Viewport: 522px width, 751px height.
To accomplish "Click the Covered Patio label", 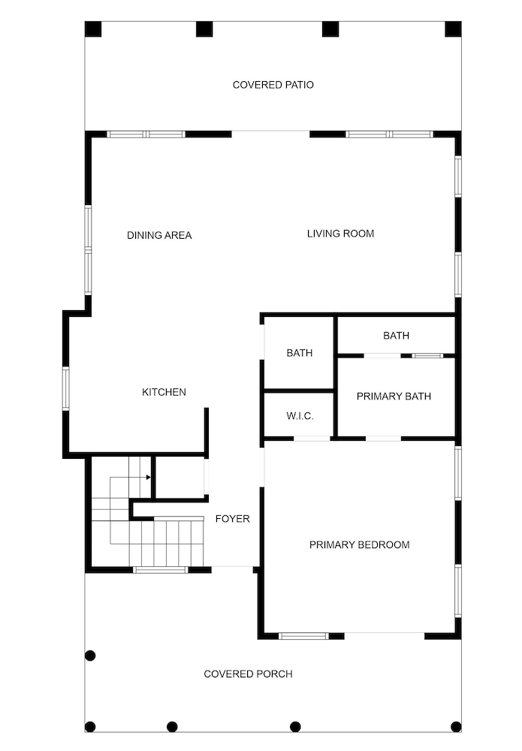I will point(273,85).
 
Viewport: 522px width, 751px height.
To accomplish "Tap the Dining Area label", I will point(159,235).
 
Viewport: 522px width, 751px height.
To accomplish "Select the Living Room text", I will point(340,234).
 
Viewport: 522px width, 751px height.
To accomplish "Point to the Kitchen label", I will point(164,392).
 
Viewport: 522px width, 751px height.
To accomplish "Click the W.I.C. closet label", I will point(300,417).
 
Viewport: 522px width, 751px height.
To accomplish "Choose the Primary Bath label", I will point(394,396).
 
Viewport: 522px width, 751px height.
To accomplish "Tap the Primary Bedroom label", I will point(359,544).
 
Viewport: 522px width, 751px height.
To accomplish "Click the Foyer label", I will point(232,519).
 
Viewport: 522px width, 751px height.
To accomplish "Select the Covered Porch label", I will point(248,674).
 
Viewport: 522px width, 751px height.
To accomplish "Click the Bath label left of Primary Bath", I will point(299,353).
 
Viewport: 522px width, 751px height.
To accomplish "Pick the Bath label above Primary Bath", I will point(396,336).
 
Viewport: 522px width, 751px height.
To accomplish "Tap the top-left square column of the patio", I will point(92,29).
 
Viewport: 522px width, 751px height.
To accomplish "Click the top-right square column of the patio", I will point(453,29).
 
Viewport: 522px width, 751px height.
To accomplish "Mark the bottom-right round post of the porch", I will point(456,726).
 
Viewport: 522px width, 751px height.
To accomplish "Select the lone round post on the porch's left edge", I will point(90,656).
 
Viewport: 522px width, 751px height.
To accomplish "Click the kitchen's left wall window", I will point(66,388).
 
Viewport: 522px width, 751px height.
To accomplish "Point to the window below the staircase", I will point(160,570).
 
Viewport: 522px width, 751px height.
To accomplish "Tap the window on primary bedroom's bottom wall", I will point(303,636).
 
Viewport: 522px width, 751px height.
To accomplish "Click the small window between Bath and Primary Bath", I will point(427,355).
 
